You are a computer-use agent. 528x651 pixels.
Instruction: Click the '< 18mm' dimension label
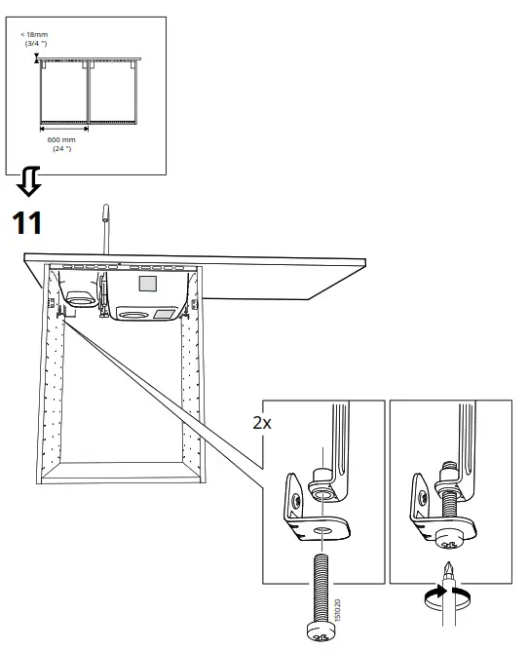pos(35,35)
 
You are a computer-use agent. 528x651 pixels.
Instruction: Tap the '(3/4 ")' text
pos(35,44)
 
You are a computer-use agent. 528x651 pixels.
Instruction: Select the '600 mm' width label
pos(62,140)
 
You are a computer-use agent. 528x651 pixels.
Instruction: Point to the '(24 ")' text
pos(62,149)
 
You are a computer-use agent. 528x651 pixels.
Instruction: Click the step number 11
pos(26,223)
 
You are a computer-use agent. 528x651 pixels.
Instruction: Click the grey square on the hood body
pos(148,285)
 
